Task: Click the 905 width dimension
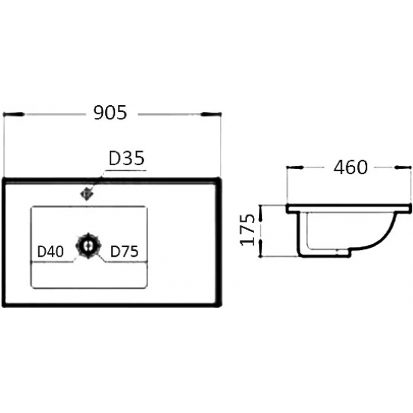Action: (x=110, y=113)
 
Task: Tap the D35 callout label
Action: (x=127, y=158)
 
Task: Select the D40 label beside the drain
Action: (x=50, y=252)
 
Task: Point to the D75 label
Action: (x=125, y=252)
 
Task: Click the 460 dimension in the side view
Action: (x=351, y=167)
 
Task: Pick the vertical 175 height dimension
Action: (x=248, y=230)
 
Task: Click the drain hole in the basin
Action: (x=89, y=246)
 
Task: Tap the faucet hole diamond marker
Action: (x=86, y=194)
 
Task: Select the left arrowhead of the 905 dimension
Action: (x=14, y=114)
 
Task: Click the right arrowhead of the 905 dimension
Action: (x=211, y=114)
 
